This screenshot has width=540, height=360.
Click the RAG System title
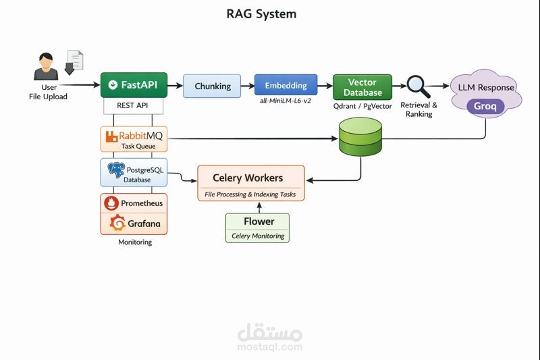[x=261, y=14]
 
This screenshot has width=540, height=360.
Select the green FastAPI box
[x=134, y=85]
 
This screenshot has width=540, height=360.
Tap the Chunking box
[x=213, y=86]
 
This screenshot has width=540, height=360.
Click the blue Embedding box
[x=286, y=86]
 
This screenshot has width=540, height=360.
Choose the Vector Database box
[x=362, y=87]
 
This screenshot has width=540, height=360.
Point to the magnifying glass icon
[x=418, y=86]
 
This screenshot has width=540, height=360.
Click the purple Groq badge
[x=485, y=106]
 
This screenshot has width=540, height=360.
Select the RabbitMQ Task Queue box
[x=134, y=138]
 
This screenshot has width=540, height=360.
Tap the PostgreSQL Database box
[x=134, y=172]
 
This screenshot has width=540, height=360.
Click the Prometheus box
[x=134, y=203]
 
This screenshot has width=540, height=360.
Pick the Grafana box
[x=134, y=223]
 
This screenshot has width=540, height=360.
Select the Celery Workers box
[x=250, y=182]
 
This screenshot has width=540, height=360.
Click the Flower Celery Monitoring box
[x=256, y=228]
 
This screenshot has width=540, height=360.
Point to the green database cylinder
[x=360, y=137]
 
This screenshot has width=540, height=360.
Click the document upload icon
[x=74, y=61]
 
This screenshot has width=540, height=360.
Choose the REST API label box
[x=134, y=106]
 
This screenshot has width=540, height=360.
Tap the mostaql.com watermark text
[x=270, y=347]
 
